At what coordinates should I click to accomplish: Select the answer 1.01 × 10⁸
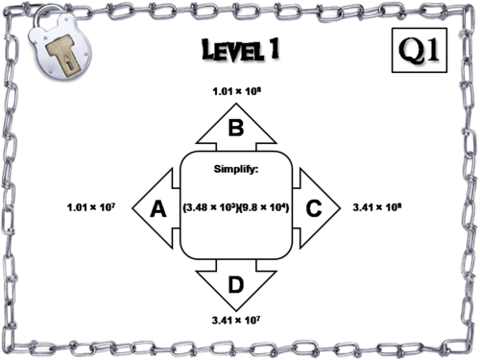(235, 92)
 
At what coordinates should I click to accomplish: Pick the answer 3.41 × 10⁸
(376, 206)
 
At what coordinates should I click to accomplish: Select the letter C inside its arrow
(311, 206)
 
